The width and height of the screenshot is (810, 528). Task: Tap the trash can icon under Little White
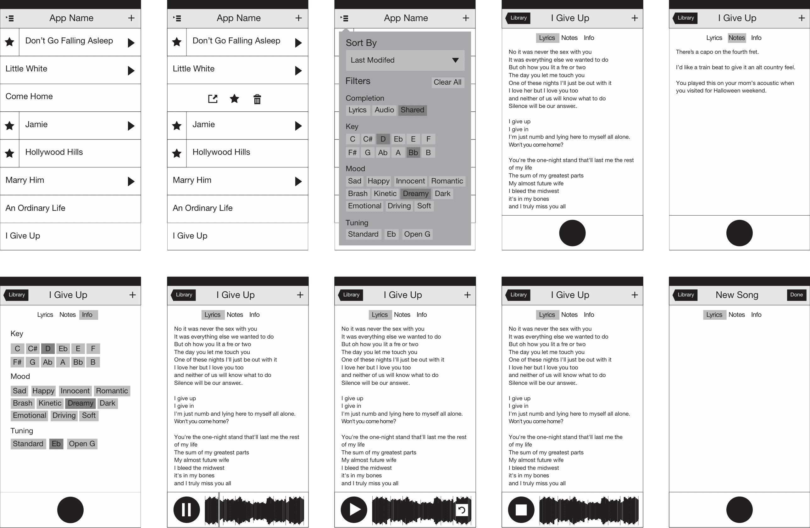point(257,99)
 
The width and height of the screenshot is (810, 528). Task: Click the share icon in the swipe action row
point(213,99)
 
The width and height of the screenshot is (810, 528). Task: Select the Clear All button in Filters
point(447,82)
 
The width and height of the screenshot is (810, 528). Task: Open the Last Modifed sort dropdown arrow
point(455,60)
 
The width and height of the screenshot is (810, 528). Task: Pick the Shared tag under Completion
point(412,110)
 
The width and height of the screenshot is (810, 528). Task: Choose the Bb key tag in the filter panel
point(413,153)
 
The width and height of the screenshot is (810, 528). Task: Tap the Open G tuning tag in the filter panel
point(417,234)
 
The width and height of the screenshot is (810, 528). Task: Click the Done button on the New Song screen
point(796,295)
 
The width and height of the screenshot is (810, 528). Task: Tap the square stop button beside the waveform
point(521,510)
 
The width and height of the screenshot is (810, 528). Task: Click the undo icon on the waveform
point(462,510)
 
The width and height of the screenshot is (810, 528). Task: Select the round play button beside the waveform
point(354,510)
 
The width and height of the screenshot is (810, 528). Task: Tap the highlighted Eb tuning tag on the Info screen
point(56,444)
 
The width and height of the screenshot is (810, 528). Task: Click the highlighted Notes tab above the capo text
point(736,38)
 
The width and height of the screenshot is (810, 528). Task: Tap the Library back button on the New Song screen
point(685,295)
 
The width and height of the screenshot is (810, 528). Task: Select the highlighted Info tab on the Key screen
point(87,315)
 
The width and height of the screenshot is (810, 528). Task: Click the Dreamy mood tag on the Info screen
point(80,403)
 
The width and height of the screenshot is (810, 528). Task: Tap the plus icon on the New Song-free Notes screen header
point(802,18)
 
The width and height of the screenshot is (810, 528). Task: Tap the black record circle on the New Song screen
point(739,510)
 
